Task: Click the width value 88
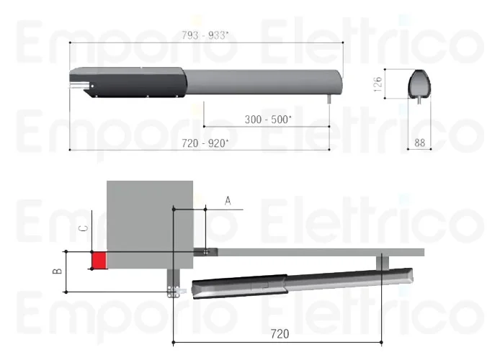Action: (419, 143)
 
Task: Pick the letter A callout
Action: (228, 201)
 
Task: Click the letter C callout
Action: (83, 229)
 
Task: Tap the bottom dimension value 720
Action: (280, 333)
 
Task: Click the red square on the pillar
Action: (98, 260)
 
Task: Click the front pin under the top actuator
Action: (329, 99)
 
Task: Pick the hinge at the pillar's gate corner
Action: (207, 251)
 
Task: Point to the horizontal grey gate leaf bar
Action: (317, 251)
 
